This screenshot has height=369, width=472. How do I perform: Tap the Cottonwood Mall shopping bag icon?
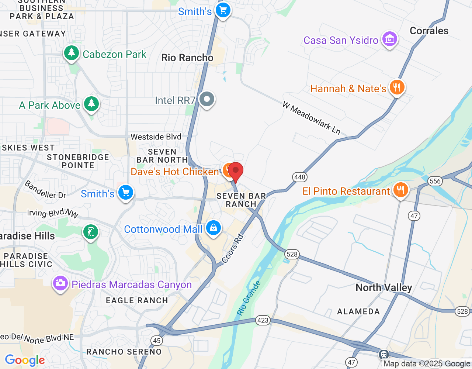tap(213, 228)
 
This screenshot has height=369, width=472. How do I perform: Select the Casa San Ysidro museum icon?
tap(390, 39)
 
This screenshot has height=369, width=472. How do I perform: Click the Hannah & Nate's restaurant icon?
tap(397, 87)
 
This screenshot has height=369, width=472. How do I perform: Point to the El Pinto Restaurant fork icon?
tap(400, 190)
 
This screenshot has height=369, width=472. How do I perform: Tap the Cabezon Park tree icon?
tap(72, 53)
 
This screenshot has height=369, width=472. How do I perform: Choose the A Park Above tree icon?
tap(91, 104)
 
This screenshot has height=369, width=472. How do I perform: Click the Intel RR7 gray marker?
tap(207, 99)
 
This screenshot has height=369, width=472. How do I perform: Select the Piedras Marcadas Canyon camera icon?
tap(60, 283)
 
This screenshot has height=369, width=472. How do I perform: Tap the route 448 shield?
tap(300, 177)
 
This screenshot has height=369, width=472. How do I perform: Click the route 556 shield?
tap(435, 181)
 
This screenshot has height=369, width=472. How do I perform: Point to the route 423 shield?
tap(263, 320)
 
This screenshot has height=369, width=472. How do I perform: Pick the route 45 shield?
tap(157, 340)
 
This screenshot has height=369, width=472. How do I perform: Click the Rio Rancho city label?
tap(187, 58)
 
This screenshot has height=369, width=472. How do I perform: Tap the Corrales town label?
tap(429, 31)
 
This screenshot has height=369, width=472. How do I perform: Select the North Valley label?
tap(383, 287)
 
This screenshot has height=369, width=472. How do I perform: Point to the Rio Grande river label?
tap(249, 298)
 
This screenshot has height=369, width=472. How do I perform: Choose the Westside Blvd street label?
tap(156, 137)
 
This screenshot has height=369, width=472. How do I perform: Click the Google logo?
tap(25, 360)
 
